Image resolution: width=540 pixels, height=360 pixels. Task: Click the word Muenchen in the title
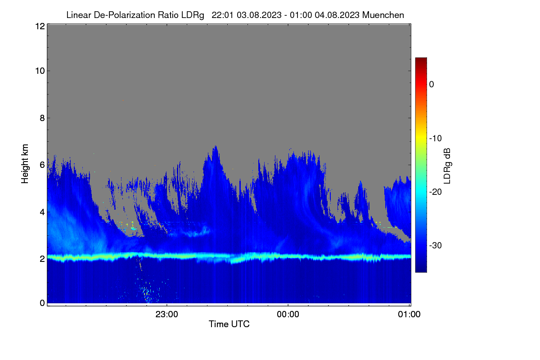pyautogui.click(x=383, y=15)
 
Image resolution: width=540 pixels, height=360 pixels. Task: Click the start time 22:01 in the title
pyautogui.click(x=222, y=15)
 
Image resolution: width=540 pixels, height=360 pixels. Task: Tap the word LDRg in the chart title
pyautogui.click(x=193, y=15)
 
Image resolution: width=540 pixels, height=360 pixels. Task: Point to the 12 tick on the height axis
pyautogui.click(x=40, y=26)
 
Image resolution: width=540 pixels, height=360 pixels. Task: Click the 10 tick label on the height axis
pyautogui.click(x=40, y=71)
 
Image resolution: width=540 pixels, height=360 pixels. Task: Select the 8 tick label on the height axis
pyautogui.click(x=42, y=118)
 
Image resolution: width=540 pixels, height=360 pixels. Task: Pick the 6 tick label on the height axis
pyautogui.click(x=42, y=165)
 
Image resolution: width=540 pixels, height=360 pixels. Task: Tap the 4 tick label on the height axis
pyautogui.click(x=42, y=212)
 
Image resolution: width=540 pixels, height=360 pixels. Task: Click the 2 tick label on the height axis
pyautogui.click(x=42, y=259)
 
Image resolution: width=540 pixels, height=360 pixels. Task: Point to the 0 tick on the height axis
pyautogui.click(x=42, y=303)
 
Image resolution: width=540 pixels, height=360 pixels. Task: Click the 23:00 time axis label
pyautogui.click(x=167, y=315)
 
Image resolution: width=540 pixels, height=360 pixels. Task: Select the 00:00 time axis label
pyautogui.click(x=288, y=315)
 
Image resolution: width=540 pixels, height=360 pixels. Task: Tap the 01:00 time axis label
pyautogui.click(x=409, y=315)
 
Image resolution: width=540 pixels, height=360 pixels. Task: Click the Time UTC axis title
pyautogui.click(x=229, y=324)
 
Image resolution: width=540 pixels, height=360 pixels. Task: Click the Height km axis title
pyautogui.click(x=25, y=164)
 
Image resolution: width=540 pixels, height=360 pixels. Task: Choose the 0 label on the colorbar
pyautogui.click(x=432, y=85)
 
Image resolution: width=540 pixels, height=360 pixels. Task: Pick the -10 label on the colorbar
pyautogui.click(x=436, y=139)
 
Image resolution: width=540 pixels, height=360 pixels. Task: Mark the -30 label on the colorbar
pyautogui.click(x=436, y=245)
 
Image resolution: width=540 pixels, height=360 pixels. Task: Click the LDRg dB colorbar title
pyautogui.click(x=447, y=166)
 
